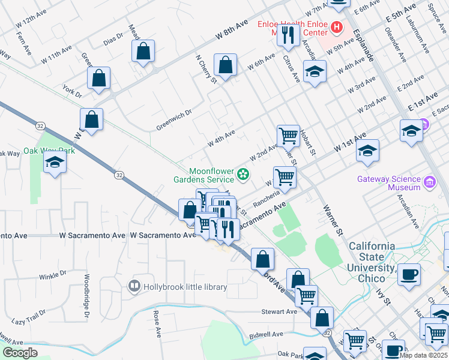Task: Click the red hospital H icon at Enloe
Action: (336, 28)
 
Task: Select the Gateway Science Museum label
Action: (388, 182)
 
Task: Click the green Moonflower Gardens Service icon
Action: (243, 175)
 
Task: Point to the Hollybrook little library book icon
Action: (135, 286)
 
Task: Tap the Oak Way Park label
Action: (49, 151)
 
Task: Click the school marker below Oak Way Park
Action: (55, 162)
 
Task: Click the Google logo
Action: (20, 353)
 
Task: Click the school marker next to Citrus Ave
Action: (315, 72)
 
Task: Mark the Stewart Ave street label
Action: (279, 311)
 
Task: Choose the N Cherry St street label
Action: (205, 70)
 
